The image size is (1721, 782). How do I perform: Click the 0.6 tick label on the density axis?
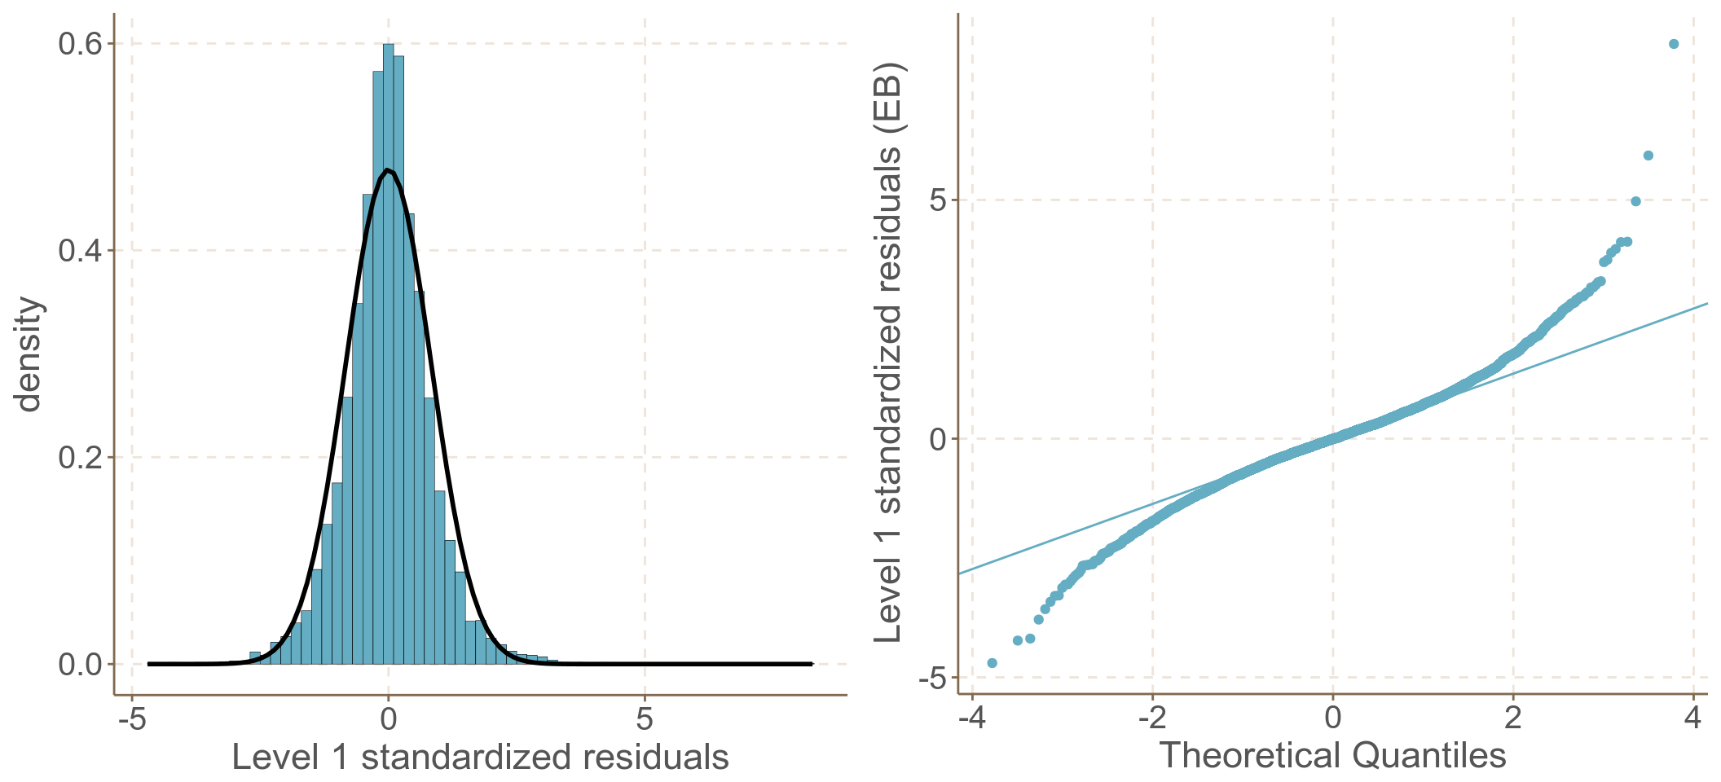(79, 44)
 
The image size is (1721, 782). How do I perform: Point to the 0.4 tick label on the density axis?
(79, 251)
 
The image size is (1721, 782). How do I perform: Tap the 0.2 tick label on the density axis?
(79, 458)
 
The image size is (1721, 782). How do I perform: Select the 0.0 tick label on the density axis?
(79, 665)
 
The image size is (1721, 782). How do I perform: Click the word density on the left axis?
(29, 354)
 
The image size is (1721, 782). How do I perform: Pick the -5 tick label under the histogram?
(131, 720)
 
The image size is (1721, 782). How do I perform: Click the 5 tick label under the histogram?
(645, 720)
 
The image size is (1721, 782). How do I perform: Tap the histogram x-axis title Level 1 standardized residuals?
(480, 758)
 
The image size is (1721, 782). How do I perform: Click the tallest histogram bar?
(389, 326)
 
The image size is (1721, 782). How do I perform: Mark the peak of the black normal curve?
(389, 169)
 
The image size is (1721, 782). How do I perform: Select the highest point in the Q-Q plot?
(1674, 44)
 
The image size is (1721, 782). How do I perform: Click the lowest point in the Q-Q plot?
(992, 663)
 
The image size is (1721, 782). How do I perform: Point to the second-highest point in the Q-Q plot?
(1648, 156)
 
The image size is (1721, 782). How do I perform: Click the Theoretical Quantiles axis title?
(1332, 756)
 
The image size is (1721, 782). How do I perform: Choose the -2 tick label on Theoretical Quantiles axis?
(1152, 718)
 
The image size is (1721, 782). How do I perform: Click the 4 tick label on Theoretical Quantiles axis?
(1693, 718)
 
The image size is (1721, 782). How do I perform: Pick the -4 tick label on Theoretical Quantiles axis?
(971, 718)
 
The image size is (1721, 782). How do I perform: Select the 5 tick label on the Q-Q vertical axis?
(938, 200)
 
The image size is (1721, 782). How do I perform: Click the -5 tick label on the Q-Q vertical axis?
(932, 678)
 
